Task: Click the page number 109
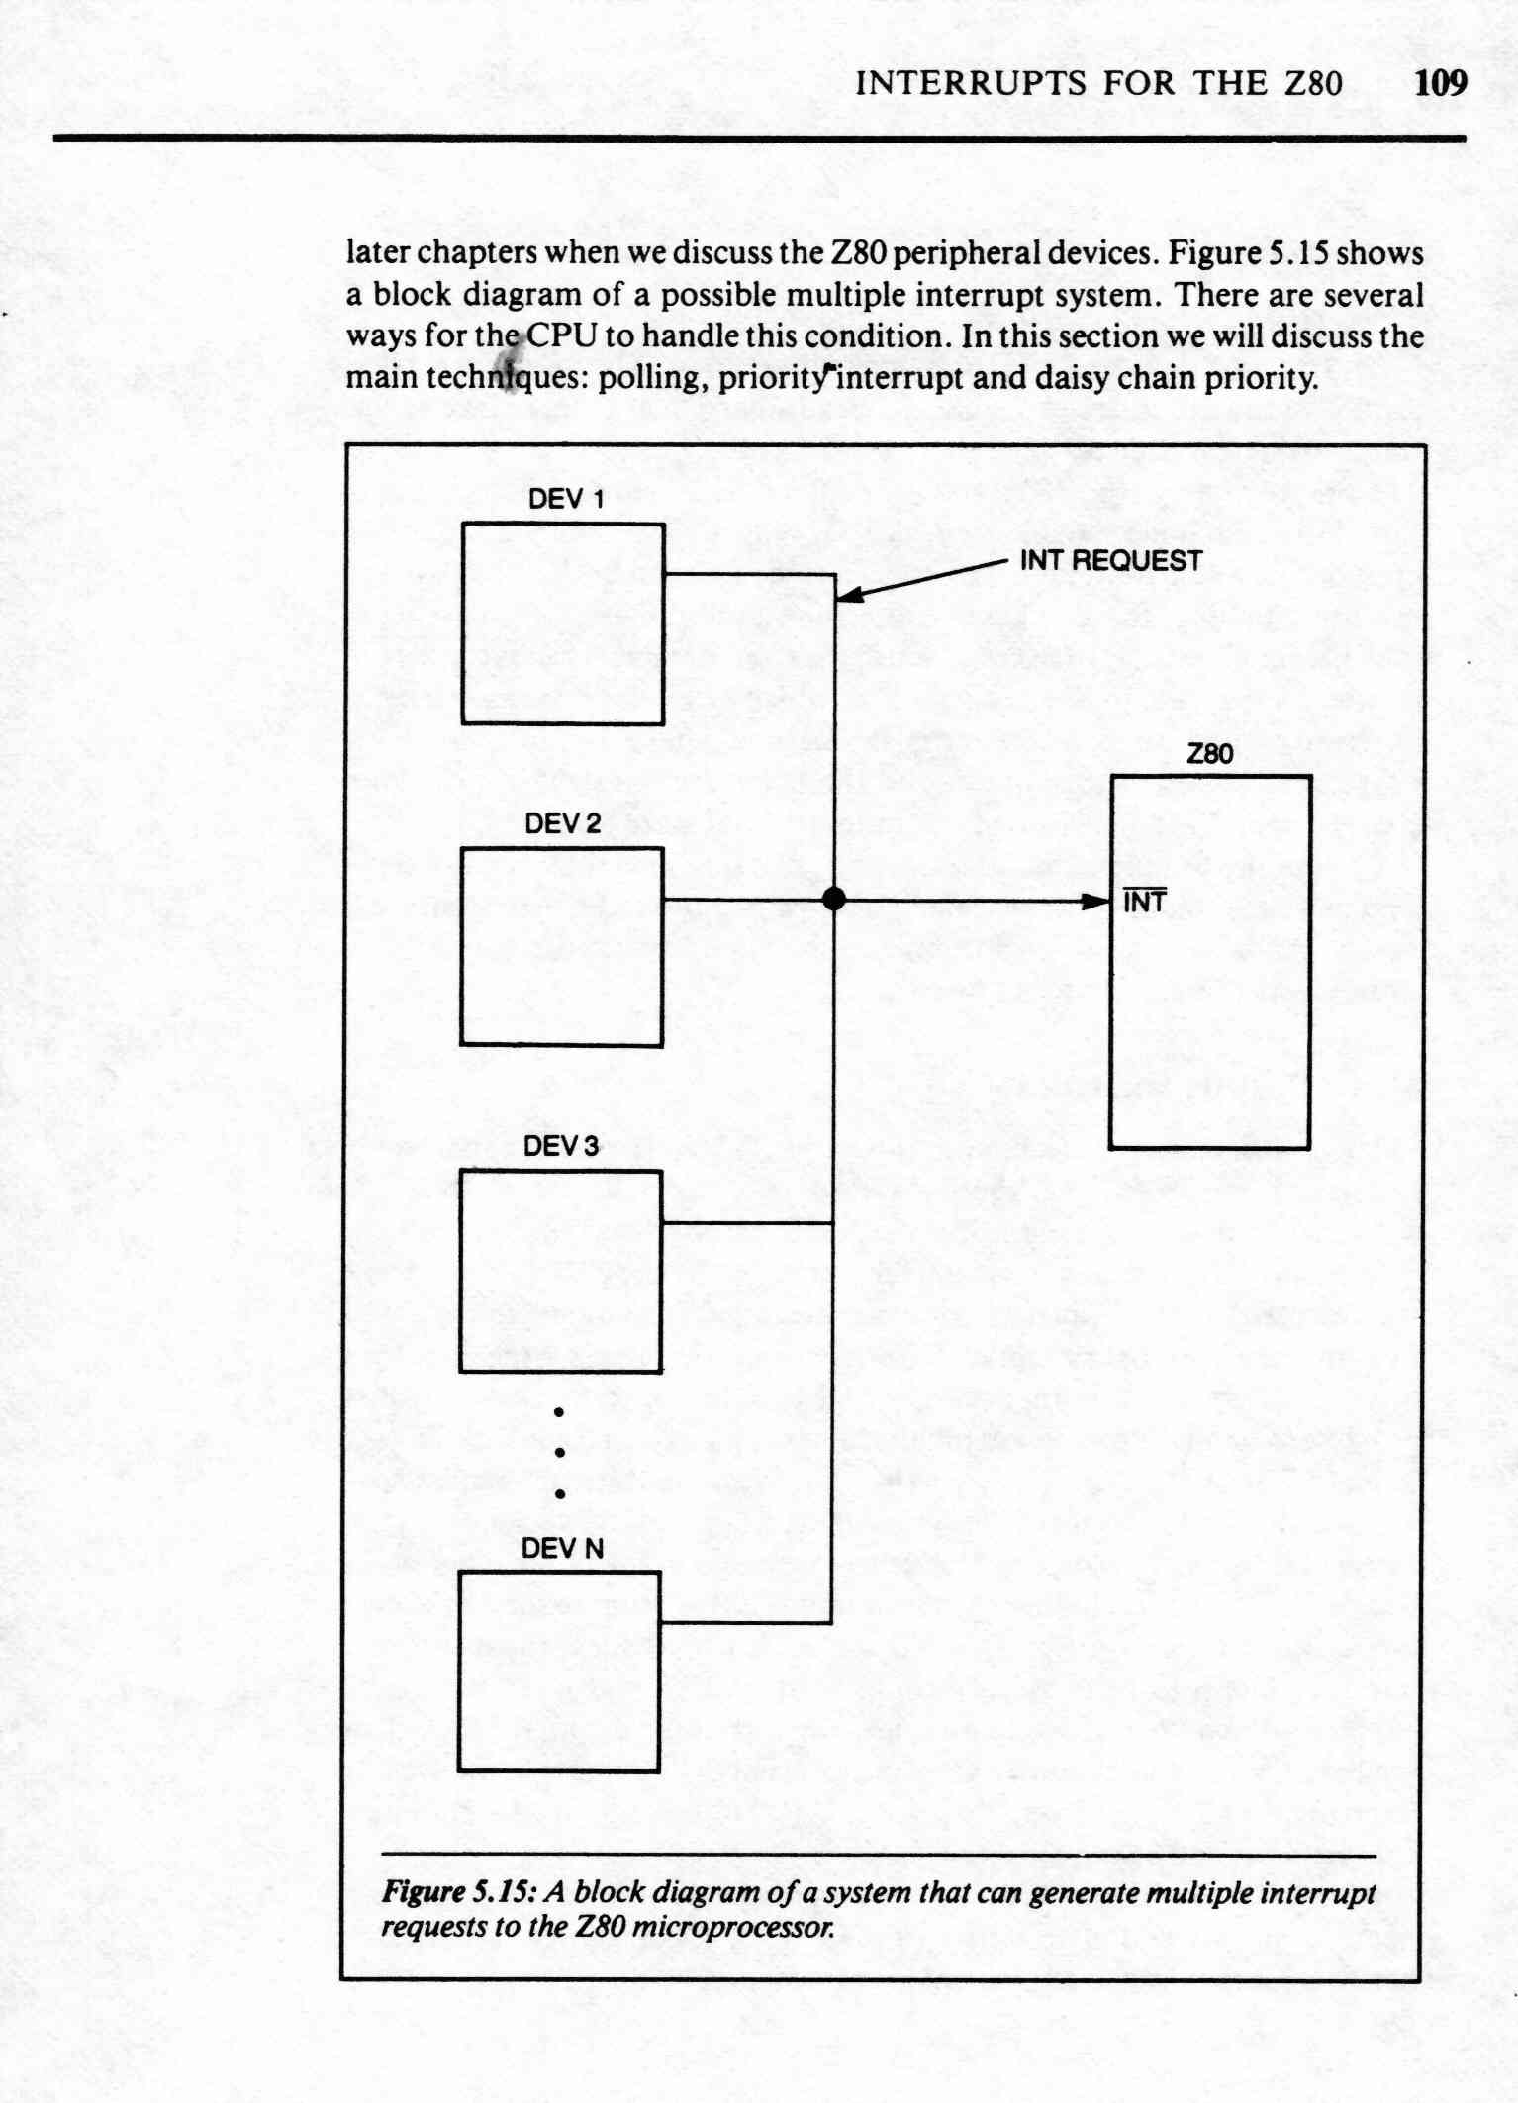click(x=1441, y=82)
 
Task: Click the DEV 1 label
click(x=565, y=499)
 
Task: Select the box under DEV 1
click(x=562, y=623)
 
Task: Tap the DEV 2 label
click(x=562, y=823)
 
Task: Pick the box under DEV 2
click(x=561, y=946)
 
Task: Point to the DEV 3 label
click(x=561, y=1146)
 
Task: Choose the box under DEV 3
click(x=560, y=1271)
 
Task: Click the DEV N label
click(x=562, y=1548)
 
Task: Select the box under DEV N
click(x=559, y=1672)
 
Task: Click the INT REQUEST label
click(x=1110, y=561)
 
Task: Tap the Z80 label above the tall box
click(x=1210, y=754)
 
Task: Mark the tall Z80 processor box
click(x=1210, y=962)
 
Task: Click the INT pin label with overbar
click(x=1145, y=901)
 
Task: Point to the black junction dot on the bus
click(x=834, y=899)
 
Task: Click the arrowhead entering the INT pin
click(x=1094, y=902)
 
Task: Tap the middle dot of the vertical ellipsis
click(x=559, y=1453)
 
